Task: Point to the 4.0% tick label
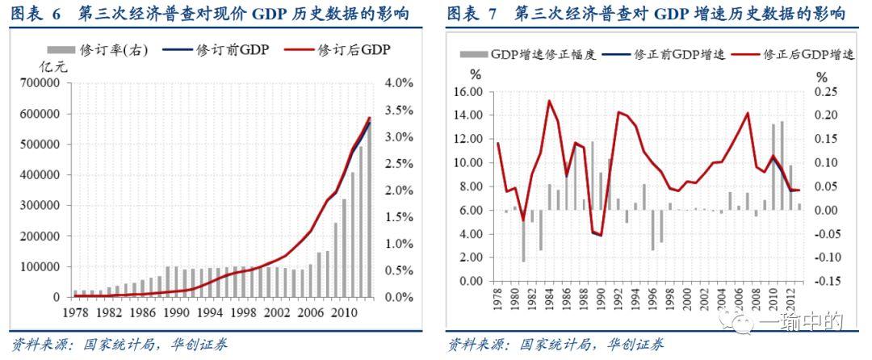[x=399, y=83]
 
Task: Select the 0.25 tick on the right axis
[x=826, y=92]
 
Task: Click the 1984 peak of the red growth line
[x=549, y=101]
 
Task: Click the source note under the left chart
[x=119, y=345]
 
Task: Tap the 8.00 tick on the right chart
[x=472, y=186]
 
